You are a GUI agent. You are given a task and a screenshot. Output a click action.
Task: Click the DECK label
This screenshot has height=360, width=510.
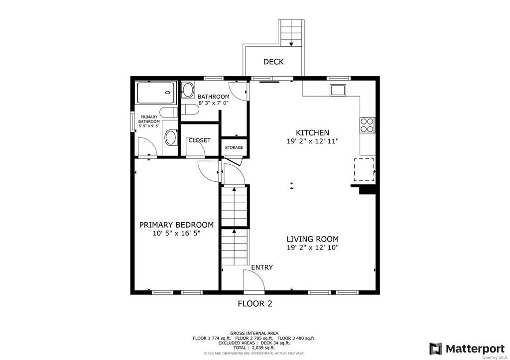(x=273, y=61)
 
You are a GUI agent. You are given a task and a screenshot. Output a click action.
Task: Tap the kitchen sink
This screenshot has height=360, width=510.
(x=338, y=90)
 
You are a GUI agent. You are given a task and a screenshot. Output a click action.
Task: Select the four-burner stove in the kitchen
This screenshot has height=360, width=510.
(x=367, y=125)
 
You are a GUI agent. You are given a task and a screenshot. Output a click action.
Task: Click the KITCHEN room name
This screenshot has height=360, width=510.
(x=312, y=132)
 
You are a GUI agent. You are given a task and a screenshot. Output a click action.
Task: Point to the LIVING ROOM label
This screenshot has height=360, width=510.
(x=312, y=239)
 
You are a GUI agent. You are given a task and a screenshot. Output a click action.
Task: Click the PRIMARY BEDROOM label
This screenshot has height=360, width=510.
(x=176, y=225)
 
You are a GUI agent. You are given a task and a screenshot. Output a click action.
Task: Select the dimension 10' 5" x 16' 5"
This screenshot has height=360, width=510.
(x=176, y=233)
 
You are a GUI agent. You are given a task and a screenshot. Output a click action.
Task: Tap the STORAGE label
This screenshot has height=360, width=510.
(x=234, y=148)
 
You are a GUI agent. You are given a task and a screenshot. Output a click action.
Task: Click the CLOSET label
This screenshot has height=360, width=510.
(x=199, y=140)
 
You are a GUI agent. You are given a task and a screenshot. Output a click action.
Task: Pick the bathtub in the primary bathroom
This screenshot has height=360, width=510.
(x=156, y=93)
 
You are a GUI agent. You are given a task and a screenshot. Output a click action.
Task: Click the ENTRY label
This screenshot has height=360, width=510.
(x=262, y=267)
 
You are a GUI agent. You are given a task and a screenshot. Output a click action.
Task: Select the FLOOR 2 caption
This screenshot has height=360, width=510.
(x=255, y=304)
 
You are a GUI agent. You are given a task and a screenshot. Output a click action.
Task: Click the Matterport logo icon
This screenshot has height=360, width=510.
(x=435, y=349)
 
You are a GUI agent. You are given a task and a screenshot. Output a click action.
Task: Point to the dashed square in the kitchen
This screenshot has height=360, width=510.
(x=364, y=170)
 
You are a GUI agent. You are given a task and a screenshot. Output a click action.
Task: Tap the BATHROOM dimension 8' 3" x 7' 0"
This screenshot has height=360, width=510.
(x=214, y=103)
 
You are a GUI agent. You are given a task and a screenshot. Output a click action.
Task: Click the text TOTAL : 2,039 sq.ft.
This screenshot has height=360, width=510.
(x=254, y=348)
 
